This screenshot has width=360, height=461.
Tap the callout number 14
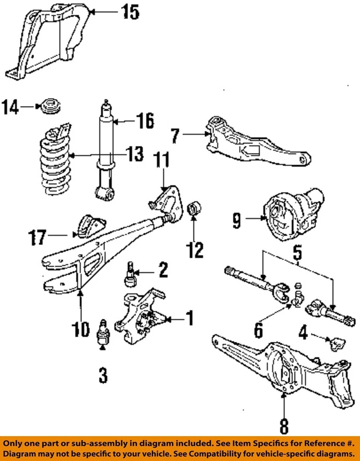tap(11, 107)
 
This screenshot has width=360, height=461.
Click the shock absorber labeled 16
tap(106, 144)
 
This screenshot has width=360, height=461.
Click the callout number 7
tap(175, 136)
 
